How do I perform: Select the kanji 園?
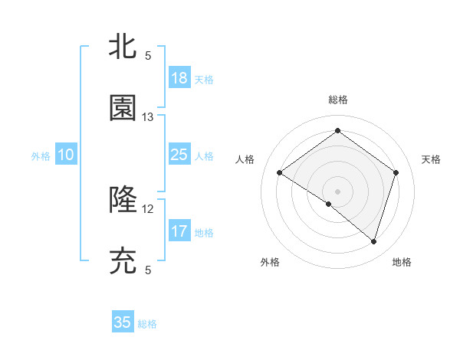123,109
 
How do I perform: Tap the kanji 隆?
123,200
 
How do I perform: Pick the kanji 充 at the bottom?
123,261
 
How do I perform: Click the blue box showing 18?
179,78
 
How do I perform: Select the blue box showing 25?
179,155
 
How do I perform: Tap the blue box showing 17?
179,231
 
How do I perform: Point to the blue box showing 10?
66,155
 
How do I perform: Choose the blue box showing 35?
123,322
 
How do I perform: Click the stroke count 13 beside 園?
148,117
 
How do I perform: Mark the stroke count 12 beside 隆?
148,208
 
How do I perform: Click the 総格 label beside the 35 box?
147,324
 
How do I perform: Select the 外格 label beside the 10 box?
41,156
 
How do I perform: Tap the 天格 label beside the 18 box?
204,80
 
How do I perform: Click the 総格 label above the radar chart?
337,100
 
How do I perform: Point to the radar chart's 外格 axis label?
270,262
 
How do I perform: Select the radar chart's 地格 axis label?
402,262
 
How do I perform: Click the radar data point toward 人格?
279,173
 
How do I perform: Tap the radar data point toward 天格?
396,172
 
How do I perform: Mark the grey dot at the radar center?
337,191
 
